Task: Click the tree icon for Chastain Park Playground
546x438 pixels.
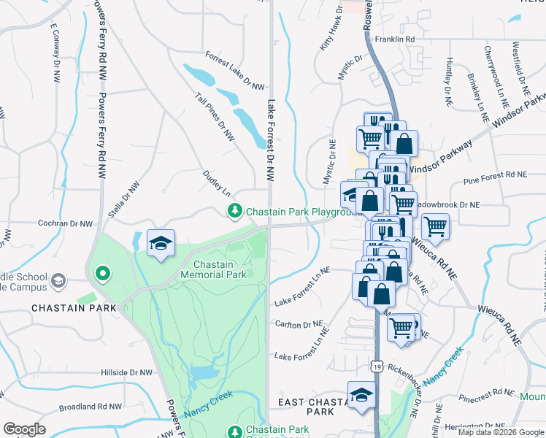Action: coord(234,212)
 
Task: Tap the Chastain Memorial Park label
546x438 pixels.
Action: coord(220,269)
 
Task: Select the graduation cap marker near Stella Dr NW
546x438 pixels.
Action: coord(161,244)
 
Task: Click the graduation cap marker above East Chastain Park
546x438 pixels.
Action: coord(361,395)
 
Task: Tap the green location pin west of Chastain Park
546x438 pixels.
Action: coord(103,274)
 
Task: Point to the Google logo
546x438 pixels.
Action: coord(24,429)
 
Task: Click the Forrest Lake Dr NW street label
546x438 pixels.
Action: coord(234,71)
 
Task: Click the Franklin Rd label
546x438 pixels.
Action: coord(394,39)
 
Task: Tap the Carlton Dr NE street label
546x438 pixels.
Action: coord(299,324)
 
